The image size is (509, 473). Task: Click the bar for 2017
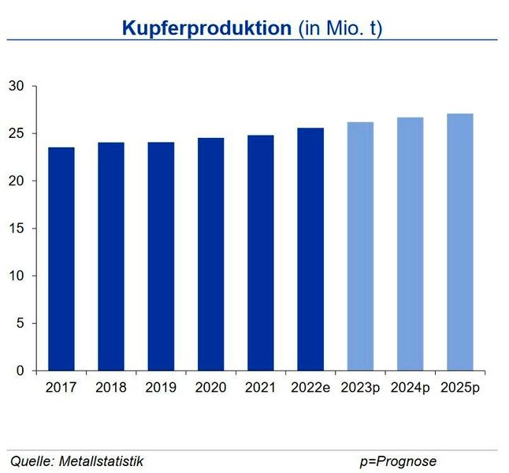click(x=61, y=259)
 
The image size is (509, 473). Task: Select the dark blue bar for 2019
click(x=161, y=256)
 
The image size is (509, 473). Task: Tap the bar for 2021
click(x=260, y=253)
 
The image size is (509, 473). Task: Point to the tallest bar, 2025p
click(x=459, y=242)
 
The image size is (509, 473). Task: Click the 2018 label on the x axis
click(x=110, y=387)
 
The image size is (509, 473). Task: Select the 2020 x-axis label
click(x=210, y=387)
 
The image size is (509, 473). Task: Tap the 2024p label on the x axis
click(x=410, y=387)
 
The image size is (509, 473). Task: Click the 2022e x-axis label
click(x=310, y=387)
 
